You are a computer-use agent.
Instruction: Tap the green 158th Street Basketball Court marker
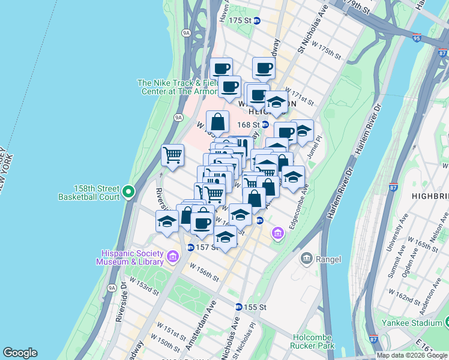pos(127,192)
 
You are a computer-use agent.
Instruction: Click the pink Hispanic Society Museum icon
pos(173,257)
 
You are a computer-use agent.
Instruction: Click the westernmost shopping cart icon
pos(172,155)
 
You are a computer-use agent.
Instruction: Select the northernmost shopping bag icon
pos(217,122)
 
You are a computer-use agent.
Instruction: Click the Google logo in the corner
pos(20,353)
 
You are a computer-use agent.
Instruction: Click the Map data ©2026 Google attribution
pos(411,355)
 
